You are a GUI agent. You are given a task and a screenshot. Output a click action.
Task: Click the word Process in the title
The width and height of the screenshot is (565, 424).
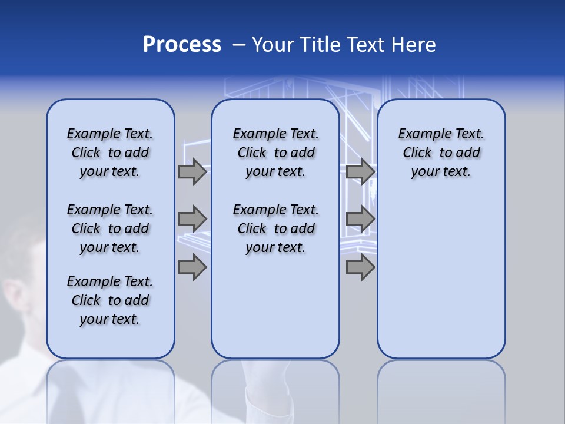pyautogui.click(x=182, y=45)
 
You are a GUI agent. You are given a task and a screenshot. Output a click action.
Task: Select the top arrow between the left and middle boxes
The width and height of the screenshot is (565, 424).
pyautogui.click(x=192, y=172)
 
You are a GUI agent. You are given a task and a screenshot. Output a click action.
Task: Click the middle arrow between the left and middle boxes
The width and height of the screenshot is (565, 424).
pyautogui.click(x=192, y=219)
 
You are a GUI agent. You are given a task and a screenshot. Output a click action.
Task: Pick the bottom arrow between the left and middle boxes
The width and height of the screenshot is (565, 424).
pyautogui.click(x=192, y=267)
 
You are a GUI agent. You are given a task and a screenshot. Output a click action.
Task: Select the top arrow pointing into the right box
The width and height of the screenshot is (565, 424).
pyautogui.click(x=360, y=172)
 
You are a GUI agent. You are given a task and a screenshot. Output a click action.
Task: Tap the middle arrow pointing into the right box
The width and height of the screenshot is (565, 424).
pyautogui.click(x=360, y=219)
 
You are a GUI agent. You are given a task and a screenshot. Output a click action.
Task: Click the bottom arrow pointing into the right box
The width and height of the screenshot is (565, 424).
pyautogui.click(x=360, y=267)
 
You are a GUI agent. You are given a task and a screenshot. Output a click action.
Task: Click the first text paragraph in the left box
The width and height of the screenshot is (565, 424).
pyautogui.click(x=110, y=153)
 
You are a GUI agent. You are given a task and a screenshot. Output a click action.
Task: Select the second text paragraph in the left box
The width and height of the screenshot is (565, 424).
pyautogui.click(x=110, y=228)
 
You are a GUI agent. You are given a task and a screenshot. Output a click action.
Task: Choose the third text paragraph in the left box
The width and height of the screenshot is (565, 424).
pyautogui.click(x=110, y=300)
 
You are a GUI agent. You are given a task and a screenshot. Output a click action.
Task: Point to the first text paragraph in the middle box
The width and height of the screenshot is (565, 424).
pyautogui.click(x=275, y=153)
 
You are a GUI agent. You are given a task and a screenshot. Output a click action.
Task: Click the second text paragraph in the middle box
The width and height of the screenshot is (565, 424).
pyautogui.click(x=275, y=228)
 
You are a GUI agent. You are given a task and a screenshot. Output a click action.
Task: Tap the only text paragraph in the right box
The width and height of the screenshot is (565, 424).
pyautogui.click(x=441, y=153)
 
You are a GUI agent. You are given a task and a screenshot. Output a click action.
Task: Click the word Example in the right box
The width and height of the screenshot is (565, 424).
pyautogui.click(x=420, y=134)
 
